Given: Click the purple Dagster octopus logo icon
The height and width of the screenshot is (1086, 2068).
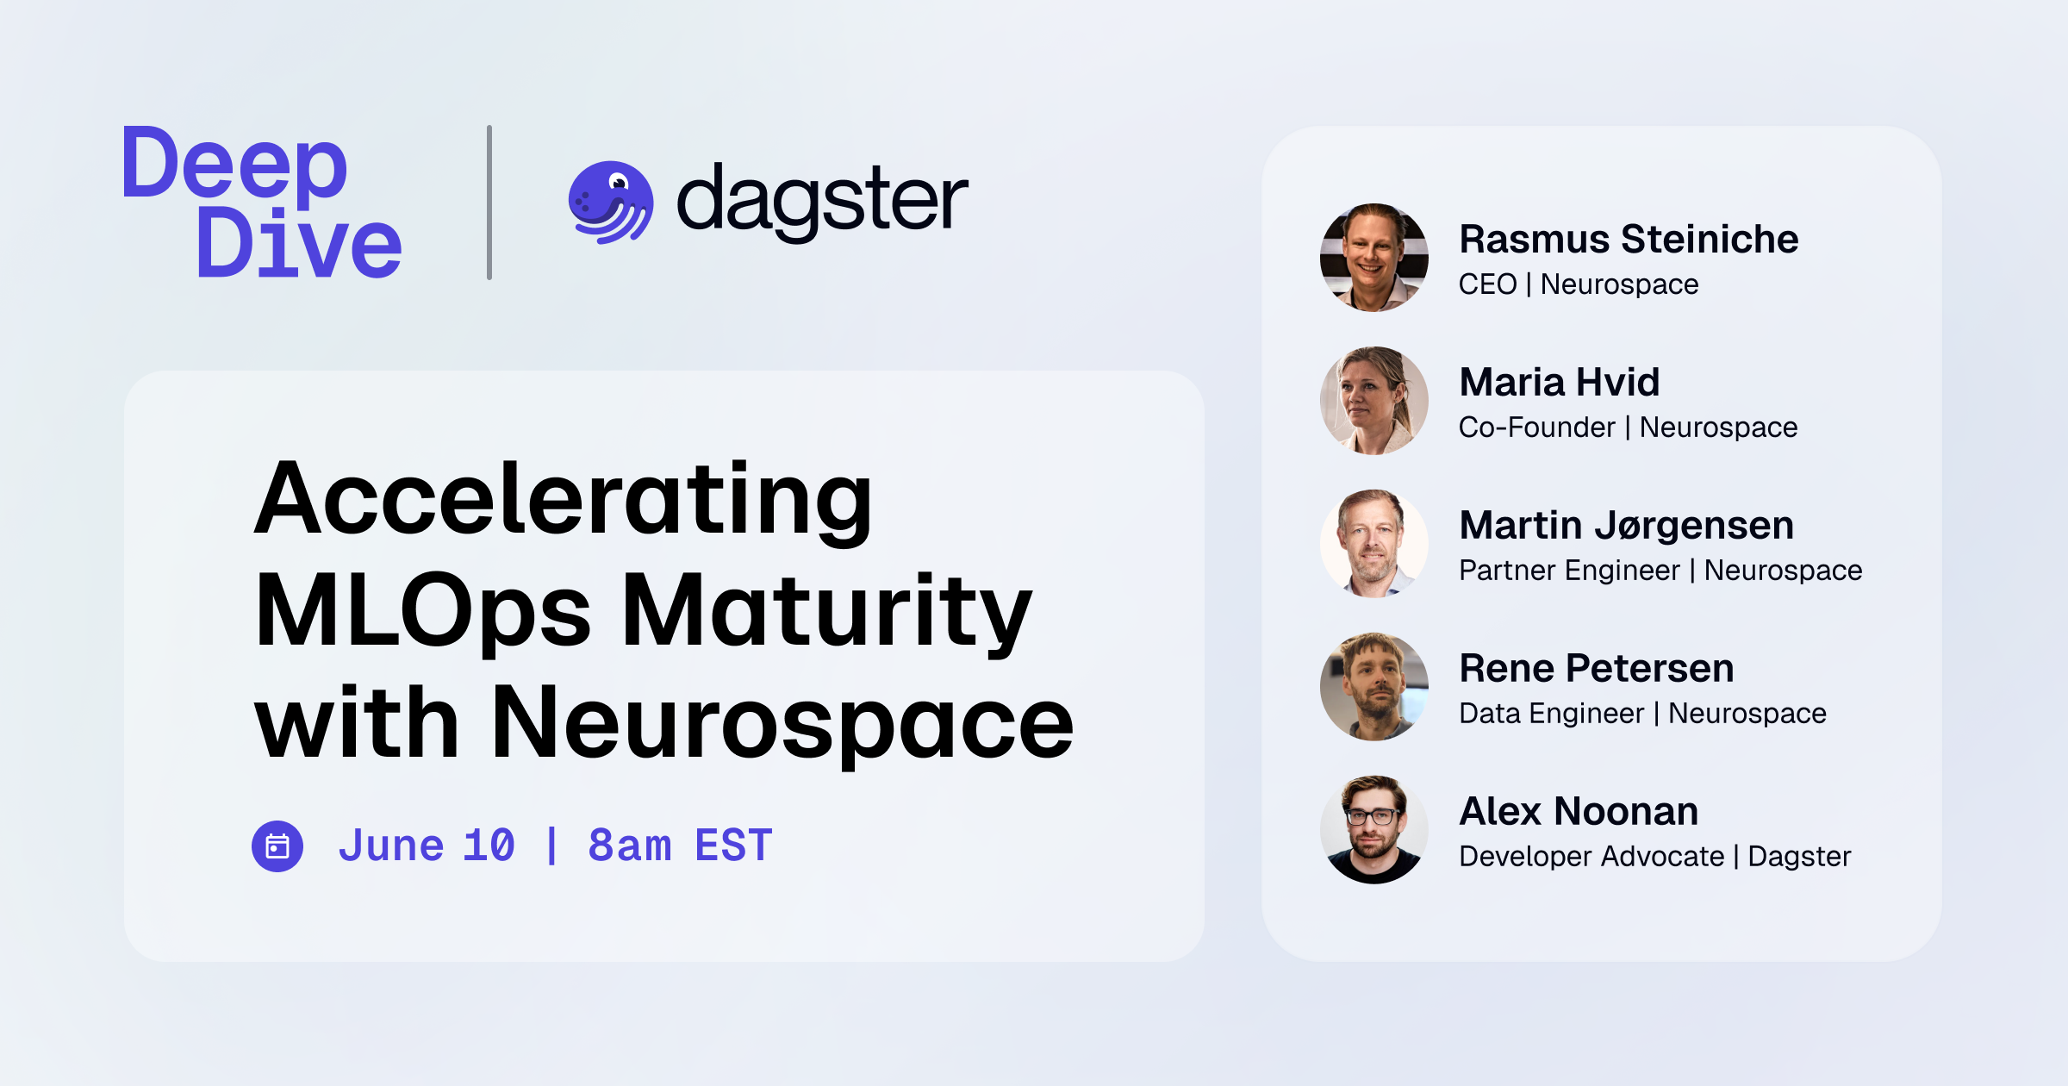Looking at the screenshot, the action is [x=610, y=203].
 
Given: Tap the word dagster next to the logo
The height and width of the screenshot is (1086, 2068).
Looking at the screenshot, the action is [x=822, y=201].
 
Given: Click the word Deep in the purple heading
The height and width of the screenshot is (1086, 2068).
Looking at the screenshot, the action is [x=234, y=165].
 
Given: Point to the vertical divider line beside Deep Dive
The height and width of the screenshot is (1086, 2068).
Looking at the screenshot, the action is [x=489, y=203].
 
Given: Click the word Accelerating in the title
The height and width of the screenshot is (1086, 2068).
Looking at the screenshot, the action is [x=564, y=500].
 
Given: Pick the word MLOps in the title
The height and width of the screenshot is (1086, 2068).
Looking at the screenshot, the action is [x=423, y=612].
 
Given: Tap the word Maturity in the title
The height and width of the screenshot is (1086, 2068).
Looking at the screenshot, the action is [x=826, y=612].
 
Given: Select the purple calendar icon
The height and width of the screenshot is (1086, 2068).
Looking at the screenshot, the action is [x=277, y=846].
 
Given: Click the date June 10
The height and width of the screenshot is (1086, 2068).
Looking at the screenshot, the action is [x=427, y=846].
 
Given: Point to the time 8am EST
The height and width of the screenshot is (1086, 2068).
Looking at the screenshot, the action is [x=680, y=846].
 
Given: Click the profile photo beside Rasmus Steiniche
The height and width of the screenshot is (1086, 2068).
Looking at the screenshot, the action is [x=1374, y=258].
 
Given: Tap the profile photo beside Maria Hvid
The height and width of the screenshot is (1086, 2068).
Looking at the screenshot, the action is [x=1374, y=401].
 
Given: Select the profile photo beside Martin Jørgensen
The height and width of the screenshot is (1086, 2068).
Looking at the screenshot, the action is [x=1374, y=544].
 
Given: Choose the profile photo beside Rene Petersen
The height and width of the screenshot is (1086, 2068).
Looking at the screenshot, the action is [x=1374, y=687].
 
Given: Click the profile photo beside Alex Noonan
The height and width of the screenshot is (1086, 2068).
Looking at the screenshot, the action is [x=1374, y=830].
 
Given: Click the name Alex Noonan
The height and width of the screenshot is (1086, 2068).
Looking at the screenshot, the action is [x=1579, y=812].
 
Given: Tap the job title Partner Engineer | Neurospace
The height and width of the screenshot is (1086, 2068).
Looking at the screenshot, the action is [x=1660, y=571].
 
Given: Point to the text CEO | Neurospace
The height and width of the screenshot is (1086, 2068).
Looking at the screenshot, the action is [x=1579, y=284].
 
